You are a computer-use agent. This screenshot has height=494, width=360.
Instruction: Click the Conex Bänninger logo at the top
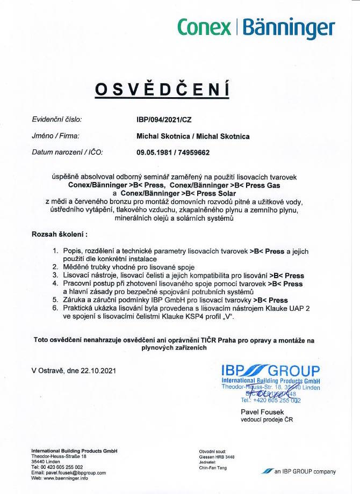click(x=255, y=26)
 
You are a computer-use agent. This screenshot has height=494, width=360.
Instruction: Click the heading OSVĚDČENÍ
click(x=162, y=90)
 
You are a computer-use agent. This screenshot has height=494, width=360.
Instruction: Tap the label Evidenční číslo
click(x=57, y=120)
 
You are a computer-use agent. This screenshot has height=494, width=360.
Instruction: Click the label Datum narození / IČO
click(x=67, y=152)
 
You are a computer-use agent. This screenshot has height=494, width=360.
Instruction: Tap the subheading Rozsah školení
click(x=59, y=235)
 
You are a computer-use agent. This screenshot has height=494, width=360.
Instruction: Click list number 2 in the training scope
click(x=55, y=266)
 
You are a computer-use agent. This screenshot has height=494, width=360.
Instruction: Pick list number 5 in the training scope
click(x=55, y=300)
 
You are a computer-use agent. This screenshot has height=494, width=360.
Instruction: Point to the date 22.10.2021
click(x=96, y=370)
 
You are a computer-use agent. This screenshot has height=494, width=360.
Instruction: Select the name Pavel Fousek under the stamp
click(x=260, y=411)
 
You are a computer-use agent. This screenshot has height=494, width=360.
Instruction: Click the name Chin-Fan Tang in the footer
click(x=213, y=467)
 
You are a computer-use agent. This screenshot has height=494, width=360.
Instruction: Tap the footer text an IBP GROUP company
click(x=304, y=471)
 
